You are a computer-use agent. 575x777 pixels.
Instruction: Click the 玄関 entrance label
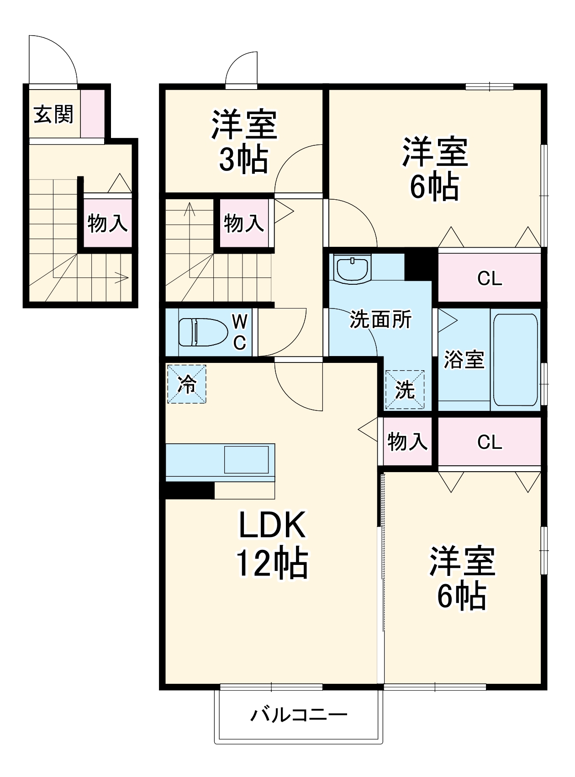pos(54,114)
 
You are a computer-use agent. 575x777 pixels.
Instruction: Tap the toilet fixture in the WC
pos(202,332)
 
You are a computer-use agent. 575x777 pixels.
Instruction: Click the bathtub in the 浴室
pos(515,359)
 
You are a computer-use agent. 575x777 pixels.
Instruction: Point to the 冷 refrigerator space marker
pos(187,384)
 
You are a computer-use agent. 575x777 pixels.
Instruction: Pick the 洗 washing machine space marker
pos(405,389)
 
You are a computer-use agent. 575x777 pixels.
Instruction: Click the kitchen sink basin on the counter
pos(246,459)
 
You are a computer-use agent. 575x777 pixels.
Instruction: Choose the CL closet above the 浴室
pos(490,278)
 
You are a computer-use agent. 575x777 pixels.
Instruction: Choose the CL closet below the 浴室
pos(490,442)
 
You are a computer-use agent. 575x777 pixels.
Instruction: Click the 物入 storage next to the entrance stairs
pos(107,223)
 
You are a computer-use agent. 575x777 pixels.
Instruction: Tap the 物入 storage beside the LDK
pos(407,442)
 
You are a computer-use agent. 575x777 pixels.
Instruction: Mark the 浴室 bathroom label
pos(464,360)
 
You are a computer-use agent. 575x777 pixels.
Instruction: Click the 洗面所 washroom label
pos(380,319)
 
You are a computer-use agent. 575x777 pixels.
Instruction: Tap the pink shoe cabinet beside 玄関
pos(93,114)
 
